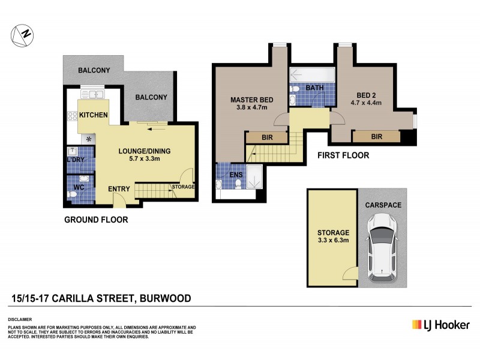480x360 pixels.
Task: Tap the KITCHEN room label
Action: tap(93, 115)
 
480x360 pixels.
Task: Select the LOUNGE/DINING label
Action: tap(142, 151)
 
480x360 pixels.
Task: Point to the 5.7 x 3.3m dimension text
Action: tap(142, 160)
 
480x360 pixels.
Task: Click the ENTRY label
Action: tap(119, 190)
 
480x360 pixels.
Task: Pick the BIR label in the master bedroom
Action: tap(267, 137)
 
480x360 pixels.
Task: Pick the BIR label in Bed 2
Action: tap(376, 137)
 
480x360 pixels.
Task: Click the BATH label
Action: tap(314, 88)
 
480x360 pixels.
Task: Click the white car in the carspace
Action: tap(382, 247)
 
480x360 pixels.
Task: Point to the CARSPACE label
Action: tap(383, 205)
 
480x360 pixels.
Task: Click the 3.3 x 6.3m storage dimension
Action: tap(334, 241)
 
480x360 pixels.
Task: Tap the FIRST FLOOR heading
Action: tap(344, 155)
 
